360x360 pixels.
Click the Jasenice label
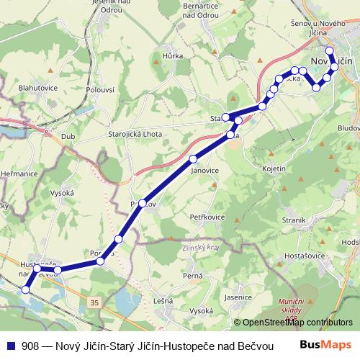point(237,297)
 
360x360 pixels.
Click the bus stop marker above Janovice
point(192,158)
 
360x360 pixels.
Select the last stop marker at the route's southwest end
point(26,289)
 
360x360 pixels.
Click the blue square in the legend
point(11,345)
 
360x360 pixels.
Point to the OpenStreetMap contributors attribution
point(297,323)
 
